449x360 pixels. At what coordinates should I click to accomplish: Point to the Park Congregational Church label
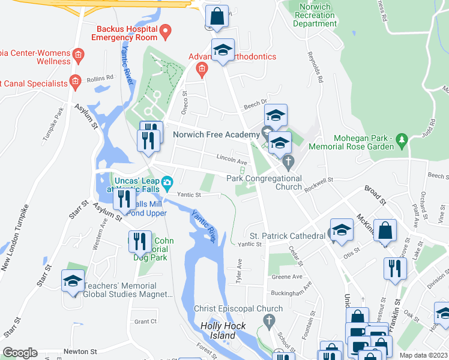(x=264, y=182)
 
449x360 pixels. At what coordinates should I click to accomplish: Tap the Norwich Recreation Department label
(x=315, y=15)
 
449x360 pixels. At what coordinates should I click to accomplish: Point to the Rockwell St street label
(x=318, y=180)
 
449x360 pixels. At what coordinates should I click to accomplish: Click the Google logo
(x=20, y=353)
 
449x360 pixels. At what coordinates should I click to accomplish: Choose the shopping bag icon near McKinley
(x=385, y=230)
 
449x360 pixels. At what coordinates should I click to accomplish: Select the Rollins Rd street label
(x=100, y=78)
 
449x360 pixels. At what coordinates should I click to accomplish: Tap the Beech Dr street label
(x=255, y=107)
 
